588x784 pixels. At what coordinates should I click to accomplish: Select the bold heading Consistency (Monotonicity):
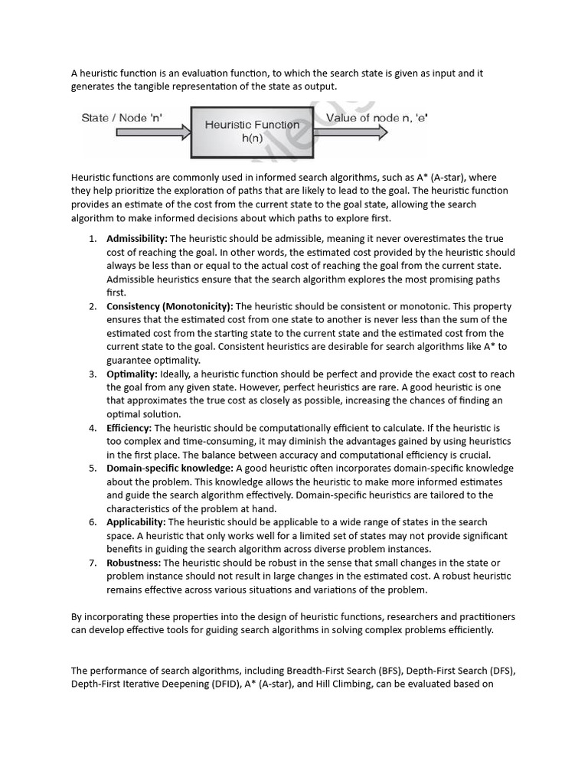(x=170, y=306)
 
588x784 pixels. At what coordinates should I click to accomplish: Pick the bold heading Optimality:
(x=132, y=374)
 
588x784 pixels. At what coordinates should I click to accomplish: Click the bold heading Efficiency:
(x=129, y=428)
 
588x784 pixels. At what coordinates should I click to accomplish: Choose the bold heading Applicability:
(x=136, y=522)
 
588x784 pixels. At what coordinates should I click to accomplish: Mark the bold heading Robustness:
(x=133, y=563)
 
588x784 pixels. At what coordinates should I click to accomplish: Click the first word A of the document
(x=75, y=73)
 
